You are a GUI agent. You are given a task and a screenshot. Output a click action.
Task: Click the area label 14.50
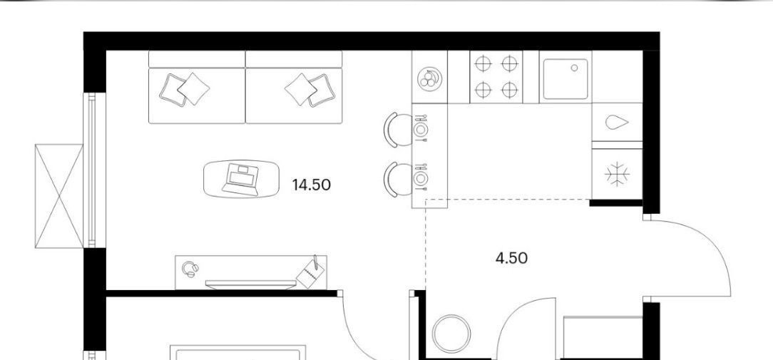pyautogui.click(x=311, y=185)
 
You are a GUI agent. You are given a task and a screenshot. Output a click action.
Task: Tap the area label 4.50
pyautogui.click(x=511, y=258)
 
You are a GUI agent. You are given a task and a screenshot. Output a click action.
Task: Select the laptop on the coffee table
pyautogui.click(x=240, y=180)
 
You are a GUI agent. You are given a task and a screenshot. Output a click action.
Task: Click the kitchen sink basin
pyautogui.click(x=565, y=77)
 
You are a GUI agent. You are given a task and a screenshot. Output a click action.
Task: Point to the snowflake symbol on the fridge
pyautogui.click(x=618, y=175)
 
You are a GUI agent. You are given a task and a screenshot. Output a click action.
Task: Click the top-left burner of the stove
pyautogui.click(x=483, y=64)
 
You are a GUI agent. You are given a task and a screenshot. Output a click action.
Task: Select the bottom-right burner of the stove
pyautogui.click(x=508, y=90)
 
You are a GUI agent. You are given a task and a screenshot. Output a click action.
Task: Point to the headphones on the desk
pyautogui.click(x=190, y=269)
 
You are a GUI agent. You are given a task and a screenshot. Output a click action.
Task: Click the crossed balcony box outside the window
pyautogui.click(x=58, y=196)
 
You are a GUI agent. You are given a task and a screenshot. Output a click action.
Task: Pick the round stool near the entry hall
pyautogui.click(x=451, y=334)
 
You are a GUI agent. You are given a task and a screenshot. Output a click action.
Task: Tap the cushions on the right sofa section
pyautogui.click(x=307, y=89)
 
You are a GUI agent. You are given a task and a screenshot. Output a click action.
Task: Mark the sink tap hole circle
pyautogui.click(x=574, y=68)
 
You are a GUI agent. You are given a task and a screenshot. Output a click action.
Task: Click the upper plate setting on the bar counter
pyautogui.click(x=421, y=129)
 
